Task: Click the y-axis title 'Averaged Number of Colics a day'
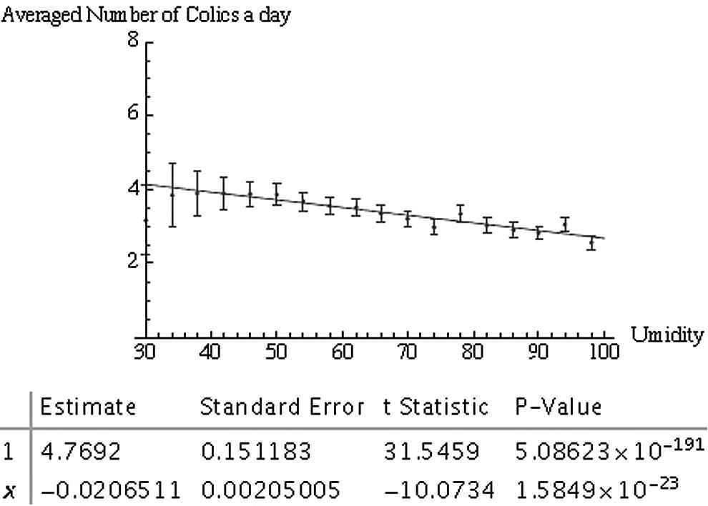tap(146, 15)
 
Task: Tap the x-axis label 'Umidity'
tap(667, 335)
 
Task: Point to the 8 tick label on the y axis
tap(133, 40)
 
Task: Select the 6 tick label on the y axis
tap(133, 112)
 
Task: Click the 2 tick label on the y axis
tap(133, 259)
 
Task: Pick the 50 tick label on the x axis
tap(275, 351)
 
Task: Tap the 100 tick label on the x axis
tap(603, 351)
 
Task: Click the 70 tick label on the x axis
tap(408, 351)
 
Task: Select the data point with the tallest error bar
tap(172, 194)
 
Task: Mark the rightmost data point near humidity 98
tap(591, 243)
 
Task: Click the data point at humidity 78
tap(460, 213)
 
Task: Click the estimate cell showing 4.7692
tap(81, 452)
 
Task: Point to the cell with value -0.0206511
tap(111, 490)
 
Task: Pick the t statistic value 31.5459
tap(431, 452)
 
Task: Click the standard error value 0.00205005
tap(270, 490)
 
